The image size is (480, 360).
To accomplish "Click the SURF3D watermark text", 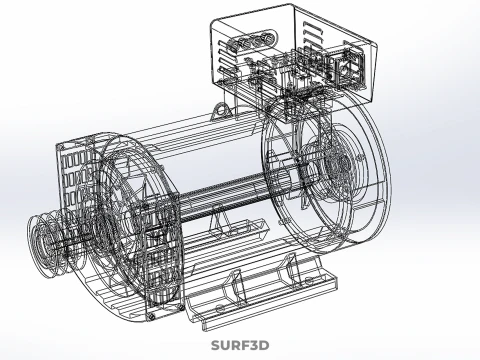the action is point(240,345).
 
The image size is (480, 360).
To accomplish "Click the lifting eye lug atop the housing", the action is point(220,110).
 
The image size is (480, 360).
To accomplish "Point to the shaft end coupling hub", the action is point(39,240).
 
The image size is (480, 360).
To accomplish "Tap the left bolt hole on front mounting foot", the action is point(219,307).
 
